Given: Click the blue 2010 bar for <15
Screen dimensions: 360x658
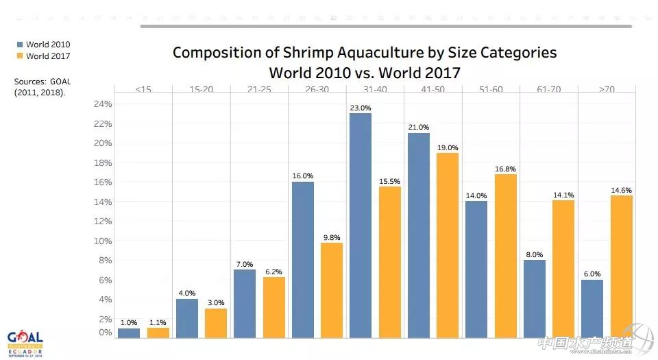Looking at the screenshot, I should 129,333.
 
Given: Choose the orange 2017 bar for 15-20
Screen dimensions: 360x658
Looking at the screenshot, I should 215,323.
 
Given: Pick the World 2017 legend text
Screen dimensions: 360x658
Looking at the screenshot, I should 48,56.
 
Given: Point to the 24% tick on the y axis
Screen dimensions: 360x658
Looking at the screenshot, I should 103,104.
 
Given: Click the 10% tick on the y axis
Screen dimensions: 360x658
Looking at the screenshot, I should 103,241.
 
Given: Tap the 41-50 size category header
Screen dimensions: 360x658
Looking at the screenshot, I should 434,89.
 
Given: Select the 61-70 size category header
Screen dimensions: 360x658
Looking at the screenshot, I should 550,89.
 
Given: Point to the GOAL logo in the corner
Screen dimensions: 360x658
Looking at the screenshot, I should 25,341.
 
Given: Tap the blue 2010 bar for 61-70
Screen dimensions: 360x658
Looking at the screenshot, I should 535,298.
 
